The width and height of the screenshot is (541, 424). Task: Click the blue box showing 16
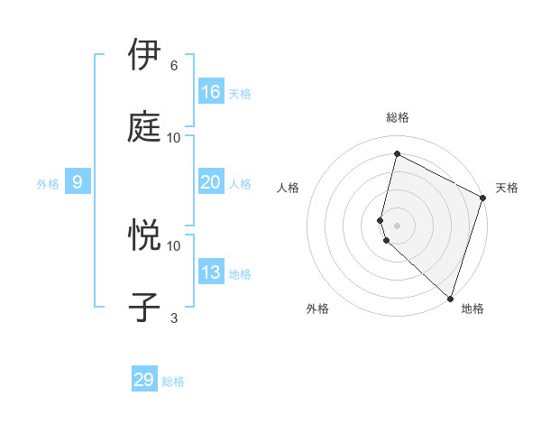[x=211, y=92]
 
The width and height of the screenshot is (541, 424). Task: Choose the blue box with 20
[x=211, y=182]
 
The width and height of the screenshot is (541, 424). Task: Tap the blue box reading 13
[x=211, y=272]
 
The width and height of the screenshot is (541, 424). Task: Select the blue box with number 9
[x=78, y=182]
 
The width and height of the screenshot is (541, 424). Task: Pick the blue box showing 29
[x=144, y=380]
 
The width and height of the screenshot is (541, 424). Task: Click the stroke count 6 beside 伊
[x=174, y=66]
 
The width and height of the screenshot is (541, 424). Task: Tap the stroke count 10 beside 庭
[x=174, y=137]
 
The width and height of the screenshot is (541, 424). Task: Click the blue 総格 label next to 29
[x=173, y=382]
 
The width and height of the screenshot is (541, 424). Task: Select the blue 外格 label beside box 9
[x=48, y=184]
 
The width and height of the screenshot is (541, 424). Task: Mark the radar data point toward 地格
[x=450, y=298]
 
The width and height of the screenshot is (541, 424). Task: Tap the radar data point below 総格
[x=397, y=154]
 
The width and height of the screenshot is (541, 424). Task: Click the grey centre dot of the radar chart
[x=397, y=225]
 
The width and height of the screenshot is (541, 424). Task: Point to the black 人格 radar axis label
[x=289, y=188]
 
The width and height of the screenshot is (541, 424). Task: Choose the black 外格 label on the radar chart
[x=317, y=309]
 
